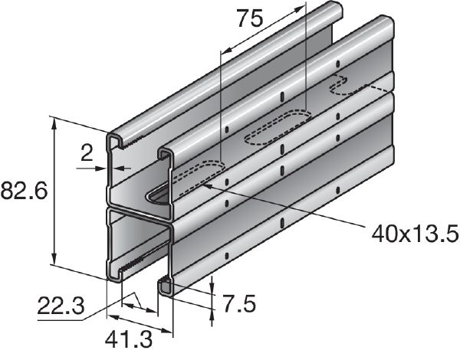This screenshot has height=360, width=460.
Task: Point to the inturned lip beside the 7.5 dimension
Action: [x=166, y=286]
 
